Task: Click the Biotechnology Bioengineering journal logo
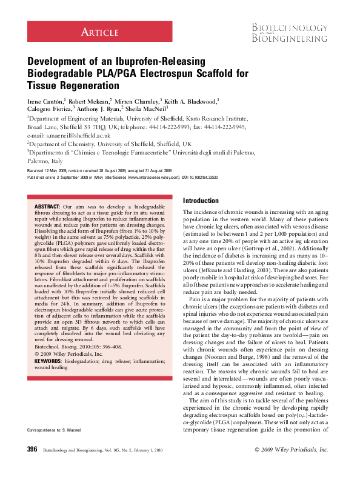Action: [290, 31]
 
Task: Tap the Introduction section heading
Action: [201, 201]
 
